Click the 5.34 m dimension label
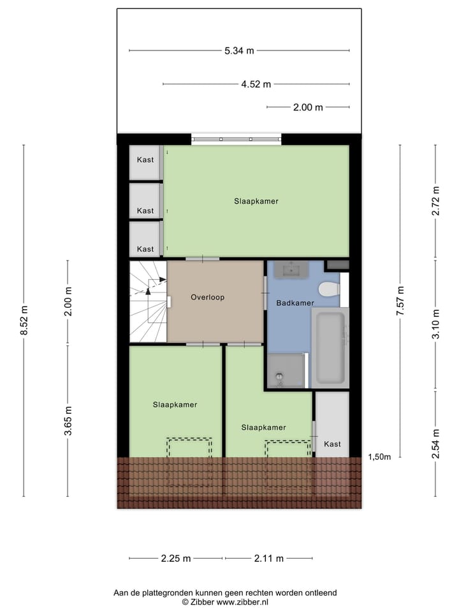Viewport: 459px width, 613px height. coord(239,50)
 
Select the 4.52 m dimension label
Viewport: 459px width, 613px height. coord(256,84)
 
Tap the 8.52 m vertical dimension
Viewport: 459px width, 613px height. coord(24,321)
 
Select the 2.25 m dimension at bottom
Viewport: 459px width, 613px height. coord(176,558)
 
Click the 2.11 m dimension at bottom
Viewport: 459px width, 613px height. coord(268,558)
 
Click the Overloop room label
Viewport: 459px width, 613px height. coord(207,297)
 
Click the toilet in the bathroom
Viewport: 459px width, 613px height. coord(329,289)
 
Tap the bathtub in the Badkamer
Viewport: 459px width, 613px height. coord(330,348)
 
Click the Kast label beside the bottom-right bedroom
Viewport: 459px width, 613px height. coord(332,444)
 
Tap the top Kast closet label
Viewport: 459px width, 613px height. coord(145,160)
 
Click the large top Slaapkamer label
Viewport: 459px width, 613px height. coord(256,201)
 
